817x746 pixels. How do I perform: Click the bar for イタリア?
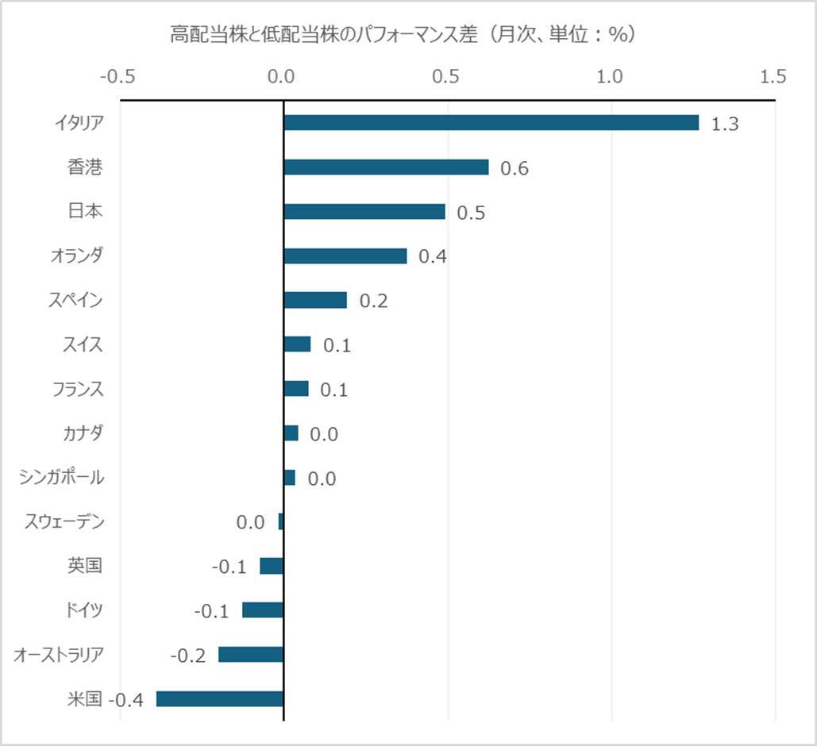tap(491, 123)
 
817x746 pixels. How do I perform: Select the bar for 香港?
tap(386, 167)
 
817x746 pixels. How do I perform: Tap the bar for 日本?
tap(364, 212)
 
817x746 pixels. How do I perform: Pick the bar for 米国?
tap(220, 699)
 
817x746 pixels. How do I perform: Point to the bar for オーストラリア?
tap(251, 655)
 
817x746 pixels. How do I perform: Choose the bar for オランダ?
tap(345, 256)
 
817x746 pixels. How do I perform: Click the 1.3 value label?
tap(725, 125)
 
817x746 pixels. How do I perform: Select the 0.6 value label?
tap(514, 169)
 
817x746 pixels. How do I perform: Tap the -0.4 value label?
tap(125, 701)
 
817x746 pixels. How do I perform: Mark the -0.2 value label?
tap(188, 656)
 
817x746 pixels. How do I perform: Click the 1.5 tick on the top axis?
tap(773, 77)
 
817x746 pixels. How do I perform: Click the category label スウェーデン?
tap(65, 521)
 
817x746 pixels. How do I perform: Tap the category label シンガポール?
tap(62, 477)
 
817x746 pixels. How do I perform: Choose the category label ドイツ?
tap(84, 610)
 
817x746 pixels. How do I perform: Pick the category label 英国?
tap(86, 566)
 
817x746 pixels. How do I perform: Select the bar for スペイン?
tap(315, 301)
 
